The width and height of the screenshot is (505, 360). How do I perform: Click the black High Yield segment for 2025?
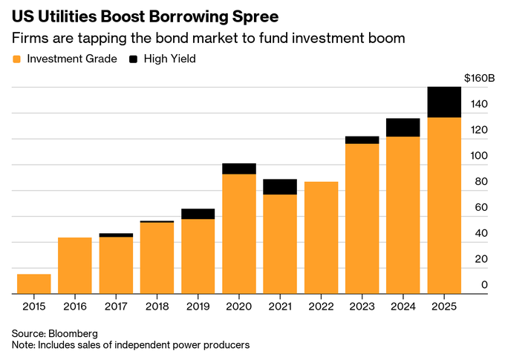click(445, 102)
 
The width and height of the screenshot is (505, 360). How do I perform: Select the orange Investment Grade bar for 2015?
click(34, 284)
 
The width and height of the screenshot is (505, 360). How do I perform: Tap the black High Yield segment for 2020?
click(239, 168)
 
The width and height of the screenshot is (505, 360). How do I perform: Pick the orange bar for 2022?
click(322, 238)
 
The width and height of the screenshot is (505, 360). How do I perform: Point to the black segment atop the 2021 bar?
click(280, 186)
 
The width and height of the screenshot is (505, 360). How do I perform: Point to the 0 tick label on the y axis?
click(484, 285)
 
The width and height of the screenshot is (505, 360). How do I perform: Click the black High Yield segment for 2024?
click(403, 127)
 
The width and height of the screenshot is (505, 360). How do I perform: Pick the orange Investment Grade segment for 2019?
click(198, 256)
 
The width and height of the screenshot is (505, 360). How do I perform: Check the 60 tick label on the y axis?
click(481, 208)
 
